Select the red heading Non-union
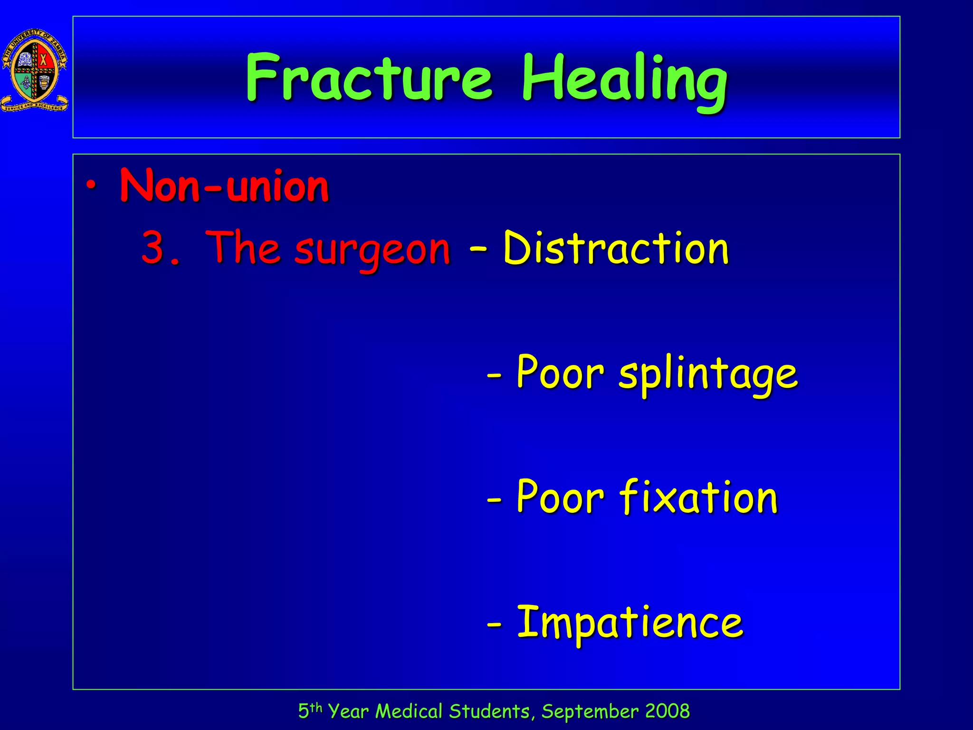pyautogui.click(x=224, y=186)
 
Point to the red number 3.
pyautogui.click(x=154, y=248)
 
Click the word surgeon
pyautogui.click(x=372, y=250)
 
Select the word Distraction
pyautogui.click(x=616, y=248)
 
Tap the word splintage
pyautogui.click(x=708, y=374)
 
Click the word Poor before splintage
pyautogui.click(x=560, y=372)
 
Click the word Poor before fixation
pyautogui.click(x=560, y=497)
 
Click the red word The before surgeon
pyautogui.click(x=242, y=248)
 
